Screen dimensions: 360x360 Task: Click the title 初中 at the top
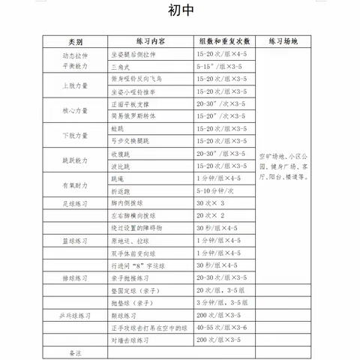click(180, 13)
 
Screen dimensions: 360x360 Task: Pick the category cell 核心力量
click(75, 110)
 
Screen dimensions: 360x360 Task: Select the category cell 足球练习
click(75, 202)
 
